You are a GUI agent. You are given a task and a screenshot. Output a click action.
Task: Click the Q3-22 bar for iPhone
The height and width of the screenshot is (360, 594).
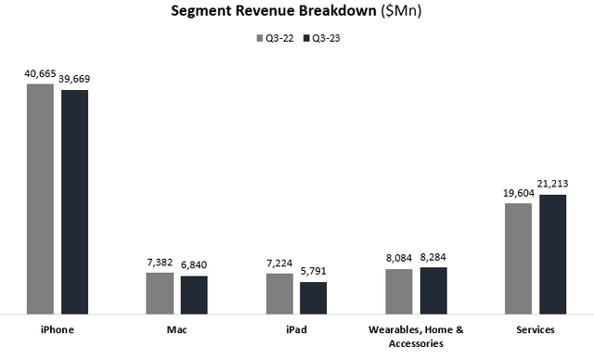40,199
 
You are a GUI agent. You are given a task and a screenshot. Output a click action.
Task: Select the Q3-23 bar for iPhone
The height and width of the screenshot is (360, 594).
74,201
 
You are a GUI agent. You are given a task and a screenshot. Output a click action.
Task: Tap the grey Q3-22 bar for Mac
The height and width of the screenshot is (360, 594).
160,292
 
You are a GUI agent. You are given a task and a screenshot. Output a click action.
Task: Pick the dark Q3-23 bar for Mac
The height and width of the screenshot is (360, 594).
194,294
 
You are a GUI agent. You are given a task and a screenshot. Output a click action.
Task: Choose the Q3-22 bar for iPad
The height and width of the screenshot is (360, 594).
279,293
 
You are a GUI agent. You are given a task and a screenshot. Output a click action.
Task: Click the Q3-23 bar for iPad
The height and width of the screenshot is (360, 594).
314,297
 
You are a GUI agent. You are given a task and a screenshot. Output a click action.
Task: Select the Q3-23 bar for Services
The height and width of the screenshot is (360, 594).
552,254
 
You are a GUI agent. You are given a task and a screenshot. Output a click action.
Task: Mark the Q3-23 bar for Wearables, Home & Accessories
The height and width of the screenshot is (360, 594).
433,290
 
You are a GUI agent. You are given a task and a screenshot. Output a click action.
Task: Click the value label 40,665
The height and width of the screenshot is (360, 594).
40,73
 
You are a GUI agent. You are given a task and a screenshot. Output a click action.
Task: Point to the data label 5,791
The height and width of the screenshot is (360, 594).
314,272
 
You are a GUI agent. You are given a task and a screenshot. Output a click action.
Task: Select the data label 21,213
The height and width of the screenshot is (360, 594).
553,184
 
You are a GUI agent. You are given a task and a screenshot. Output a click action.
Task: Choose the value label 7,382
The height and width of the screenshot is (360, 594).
160,263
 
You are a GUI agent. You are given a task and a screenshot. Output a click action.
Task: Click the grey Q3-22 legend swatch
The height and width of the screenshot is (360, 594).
259,39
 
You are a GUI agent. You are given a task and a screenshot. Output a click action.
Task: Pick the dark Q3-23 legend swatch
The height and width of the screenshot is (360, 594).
303,39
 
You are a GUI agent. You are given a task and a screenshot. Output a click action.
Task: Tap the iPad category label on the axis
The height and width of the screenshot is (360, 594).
296,330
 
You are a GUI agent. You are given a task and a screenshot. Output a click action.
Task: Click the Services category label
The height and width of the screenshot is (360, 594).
536,330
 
